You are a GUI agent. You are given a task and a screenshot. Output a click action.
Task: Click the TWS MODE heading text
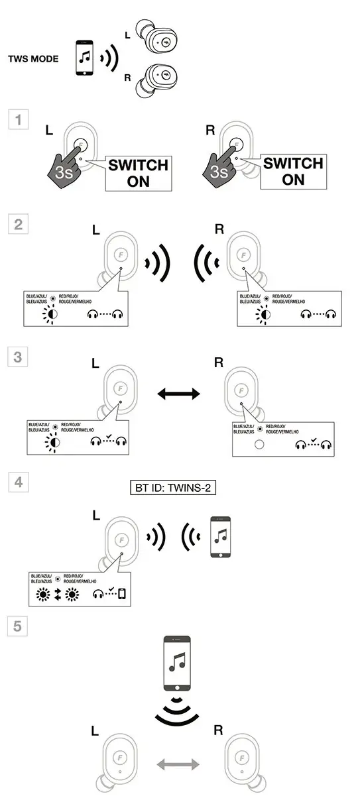click(33, 59)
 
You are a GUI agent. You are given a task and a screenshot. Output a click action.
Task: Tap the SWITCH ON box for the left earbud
click(139, 172)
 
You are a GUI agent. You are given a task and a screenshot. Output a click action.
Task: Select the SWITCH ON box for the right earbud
click(293, 172)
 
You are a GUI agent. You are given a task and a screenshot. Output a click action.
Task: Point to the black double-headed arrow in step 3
click(179, 394)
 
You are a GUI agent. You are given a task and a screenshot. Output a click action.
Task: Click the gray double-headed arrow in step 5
click(179, 766)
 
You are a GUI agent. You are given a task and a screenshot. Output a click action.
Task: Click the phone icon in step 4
click(220, 538)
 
